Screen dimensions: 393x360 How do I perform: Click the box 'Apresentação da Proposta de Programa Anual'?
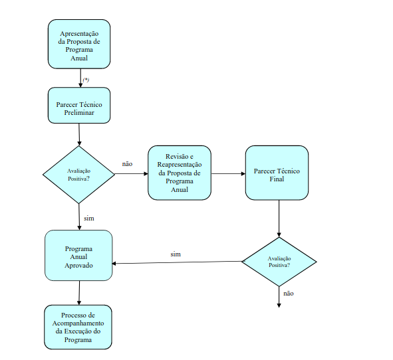point(79,44)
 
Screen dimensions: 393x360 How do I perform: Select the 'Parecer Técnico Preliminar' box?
point(79,106)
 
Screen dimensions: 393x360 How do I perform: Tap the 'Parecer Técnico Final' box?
point(277,173)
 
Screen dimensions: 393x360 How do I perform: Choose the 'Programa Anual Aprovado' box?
point(78,255)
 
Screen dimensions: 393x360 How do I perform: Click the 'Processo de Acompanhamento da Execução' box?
point(78,327)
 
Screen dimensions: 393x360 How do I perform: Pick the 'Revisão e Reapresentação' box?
point(180,173)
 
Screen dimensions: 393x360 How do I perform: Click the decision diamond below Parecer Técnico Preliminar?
point(79,175)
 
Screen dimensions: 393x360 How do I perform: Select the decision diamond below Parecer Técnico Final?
point(279,262)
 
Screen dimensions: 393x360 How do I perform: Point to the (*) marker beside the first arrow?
point(86,80)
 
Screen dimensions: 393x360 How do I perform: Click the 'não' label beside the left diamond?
point(127,164)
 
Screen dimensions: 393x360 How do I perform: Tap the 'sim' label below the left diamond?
point(89,219)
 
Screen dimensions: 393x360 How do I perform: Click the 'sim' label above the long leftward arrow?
point(176,254)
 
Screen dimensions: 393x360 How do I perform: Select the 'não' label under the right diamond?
point(289,294)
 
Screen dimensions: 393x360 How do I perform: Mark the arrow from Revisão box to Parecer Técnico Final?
point(228,173)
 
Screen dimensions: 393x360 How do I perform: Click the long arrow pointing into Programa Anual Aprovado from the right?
point(177,262)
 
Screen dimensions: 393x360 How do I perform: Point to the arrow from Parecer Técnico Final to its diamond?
point(279,219)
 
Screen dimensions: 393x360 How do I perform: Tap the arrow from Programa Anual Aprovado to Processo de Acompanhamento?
point(79,293)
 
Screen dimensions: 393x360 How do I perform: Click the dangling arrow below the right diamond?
point(279,297)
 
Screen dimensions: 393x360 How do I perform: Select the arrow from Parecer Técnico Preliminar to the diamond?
point(79,135)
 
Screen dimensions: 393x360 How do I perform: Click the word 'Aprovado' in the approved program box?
point(78,266)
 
